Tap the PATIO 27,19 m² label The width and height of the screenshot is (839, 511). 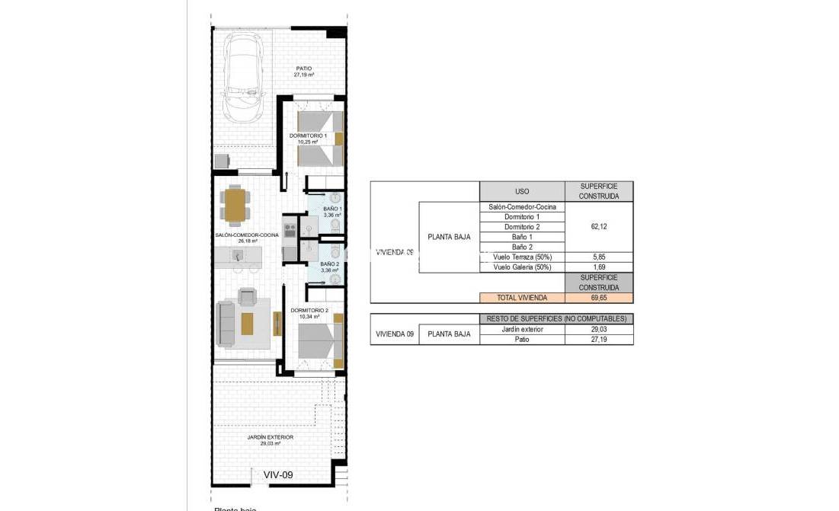tap(304, 72)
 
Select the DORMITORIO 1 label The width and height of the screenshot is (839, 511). tap(308, 139)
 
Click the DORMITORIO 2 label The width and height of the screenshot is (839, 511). tap(309, 313)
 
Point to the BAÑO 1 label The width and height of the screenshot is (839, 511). tap(332, 212)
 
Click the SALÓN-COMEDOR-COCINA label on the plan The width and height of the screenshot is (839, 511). tap(245, 238)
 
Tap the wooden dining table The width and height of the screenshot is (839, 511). tap(235, 204)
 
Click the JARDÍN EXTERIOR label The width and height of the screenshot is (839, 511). tap(271, 440)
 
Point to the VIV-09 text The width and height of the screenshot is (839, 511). tap(277, 474)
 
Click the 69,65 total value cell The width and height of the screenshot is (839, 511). tap(598, 298)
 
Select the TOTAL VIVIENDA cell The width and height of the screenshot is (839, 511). tap(522, 298)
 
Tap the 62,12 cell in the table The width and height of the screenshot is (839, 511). tap(598, 227)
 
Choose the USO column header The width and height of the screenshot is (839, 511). tap(522, 191)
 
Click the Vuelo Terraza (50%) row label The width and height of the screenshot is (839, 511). tap(522, 257)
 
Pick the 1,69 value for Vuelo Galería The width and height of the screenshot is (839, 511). tap(598, 267)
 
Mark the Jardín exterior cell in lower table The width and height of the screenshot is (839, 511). tap(522, 329)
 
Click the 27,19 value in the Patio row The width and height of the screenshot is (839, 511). tap(598, 339)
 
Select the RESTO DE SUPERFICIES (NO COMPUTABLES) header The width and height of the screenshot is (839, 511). tap(556, 318)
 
